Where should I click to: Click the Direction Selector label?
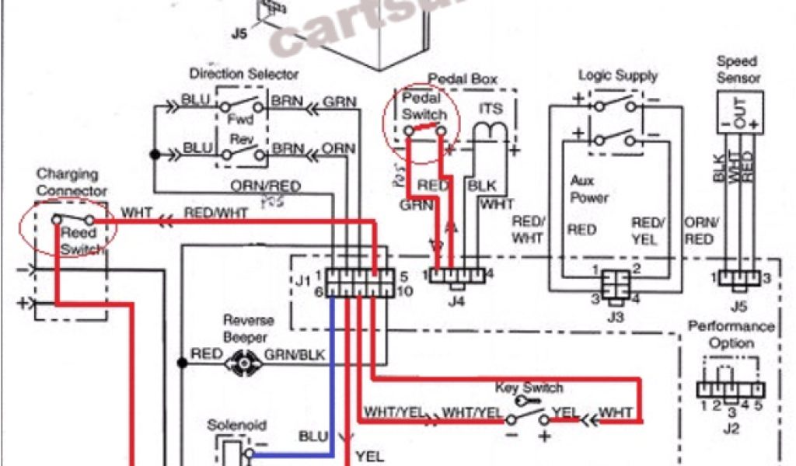(243, 75)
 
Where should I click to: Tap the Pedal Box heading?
(463, 78)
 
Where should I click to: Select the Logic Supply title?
(618, 75)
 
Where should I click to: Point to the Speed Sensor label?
(738, 69)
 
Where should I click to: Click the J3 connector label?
(615, 316)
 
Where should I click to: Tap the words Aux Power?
(590, 190)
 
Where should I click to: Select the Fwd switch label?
(236, 120)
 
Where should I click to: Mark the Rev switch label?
(236, 140)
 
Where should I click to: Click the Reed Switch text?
(78, 240)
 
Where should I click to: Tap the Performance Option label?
(731, 335)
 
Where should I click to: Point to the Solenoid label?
(236, 426)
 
